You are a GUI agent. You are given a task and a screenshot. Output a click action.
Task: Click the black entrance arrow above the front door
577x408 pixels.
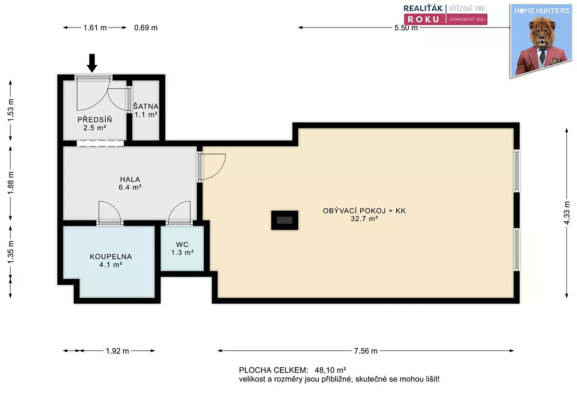92,63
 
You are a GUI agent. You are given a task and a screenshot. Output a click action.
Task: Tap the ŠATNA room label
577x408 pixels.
146,106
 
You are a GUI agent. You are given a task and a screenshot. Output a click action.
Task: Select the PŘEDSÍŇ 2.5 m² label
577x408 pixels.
95,124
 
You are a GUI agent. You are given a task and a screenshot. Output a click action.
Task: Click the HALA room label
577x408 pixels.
130,179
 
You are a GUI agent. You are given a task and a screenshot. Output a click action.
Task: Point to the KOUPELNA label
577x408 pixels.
111,256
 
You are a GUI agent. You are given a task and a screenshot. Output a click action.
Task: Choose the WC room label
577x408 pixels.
182,244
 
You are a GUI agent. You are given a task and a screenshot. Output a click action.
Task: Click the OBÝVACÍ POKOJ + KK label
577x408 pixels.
364,211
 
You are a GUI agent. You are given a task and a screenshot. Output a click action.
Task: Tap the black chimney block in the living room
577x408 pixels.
285,220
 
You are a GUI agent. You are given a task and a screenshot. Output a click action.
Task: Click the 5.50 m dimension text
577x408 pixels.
406,27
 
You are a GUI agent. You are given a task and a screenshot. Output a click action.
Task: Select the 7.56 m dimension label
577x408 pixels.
365,351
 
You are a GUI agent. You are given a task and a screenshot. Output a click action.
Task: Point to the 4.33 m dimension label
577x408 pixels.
567,213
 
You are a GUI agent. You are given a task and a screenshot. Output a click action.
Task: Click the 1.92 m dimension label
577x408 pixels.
117,351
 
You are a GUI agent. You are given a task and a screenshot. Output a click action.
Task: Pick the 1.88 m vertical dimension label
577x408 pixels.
11,183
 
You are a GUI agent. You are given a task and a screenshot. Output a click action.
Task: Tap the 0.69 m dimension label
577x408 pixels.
146,27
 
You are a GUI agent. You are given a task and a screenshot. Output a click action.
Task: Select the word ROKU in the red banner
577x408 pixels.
424,19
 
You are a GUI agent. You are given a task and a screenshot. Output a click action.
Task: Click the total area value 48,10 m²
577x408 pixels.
330,370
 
